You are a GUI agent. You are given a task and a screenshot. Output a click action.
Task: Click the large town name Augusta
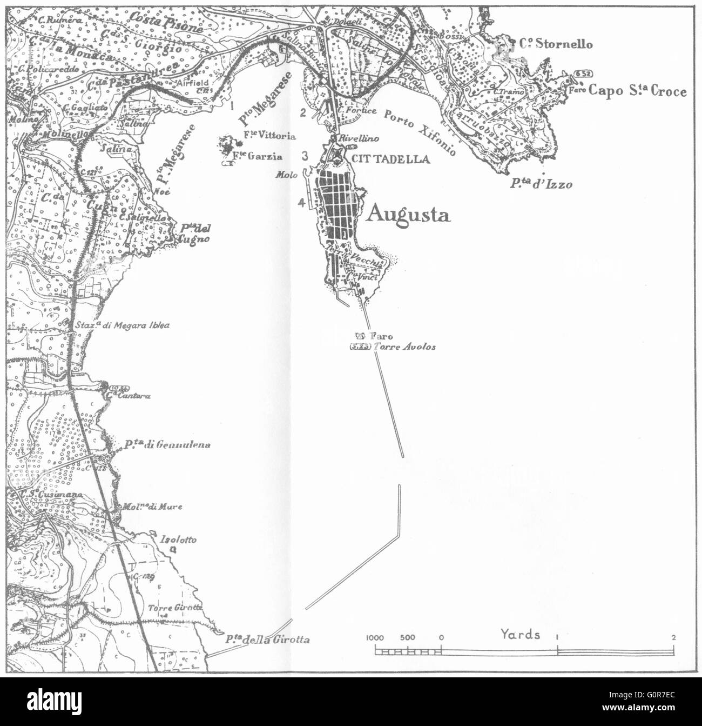click(x=408, y=215)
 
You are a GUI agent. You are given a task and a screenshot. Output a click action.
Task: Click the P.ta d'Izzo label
click(x=541, y=184)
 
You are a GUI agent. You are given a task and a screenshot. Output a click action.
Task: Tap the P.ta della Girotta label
click(x=268, y=640)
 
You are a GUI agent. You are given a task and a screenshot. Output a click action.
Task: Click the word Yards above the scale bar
click(x=520, y=634)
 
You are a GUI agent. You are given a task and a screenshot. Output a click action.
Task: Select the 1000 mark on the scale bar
click(x=375, y=637)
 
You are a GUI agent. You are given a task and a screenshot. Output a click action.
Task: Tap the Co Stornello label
click(x=556, y=44)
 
